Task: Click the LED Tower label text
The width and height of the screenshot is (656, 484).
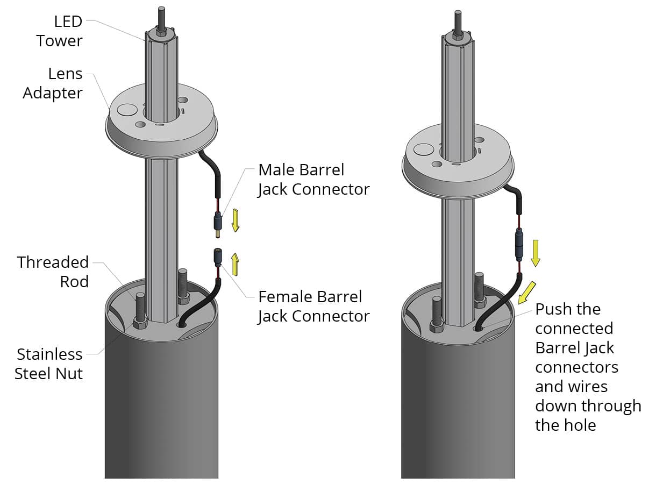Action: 59,31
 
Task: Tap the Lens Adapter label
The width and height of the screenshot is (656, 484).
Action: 53,83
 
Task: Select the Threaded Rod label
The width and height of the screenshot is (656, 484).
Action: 53,272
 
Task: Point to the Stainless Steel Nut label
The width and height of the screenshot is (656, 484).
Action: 49,364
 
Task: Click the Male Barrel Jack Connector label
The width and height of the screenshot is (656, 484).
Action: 313,180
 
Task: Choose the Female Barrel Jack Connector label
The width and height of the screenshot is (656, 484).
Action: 313,306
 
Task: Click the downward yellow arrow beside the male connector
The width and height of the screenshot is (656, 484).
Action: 235,220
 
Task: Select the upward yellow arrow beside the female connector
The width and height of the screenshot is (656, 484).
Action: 235,264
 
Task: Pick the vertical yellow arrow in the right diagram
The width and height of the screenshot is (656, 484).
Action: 536,252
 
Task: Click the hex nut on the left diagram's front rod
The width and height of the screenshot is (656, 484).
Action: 140,323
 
